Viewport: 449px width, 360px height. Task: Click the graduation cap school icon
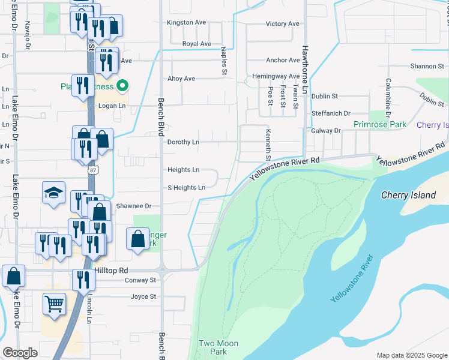tap(54, 193)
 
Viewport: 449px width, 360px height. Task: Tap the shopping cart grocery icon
tap(54, 304)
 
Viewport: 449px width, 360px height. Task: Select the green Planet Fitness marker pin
tap(122, 86)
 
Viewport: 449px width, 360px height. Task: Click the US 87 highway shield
tap(92, 170)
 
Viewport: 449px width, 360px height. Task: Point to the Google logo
tap(20, 353)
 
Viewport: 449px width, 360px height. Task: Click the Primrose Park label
tap(380, 125)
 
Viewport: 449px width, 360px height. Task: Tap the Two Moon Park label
tap(218, 347)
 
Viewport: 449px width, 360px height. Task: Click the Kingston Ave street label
tap(186, 22)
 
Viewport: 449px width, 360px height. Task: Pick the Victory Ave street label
tap(282, 24)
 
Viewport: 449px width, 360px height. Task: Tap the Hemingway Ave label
tap(276, 76)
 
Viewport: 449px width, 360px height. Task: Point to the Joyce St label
tap(143, 296)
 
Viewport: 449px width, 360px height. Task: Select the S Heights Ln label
tap(186, 188)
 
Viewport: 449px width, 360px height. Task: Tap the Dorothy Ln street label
tap(183, 142)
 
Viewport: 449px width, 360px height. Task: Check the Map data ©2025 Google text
tap(411, 355)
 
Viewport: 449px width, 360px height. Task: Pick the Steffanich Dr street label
tap(331, 113)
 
